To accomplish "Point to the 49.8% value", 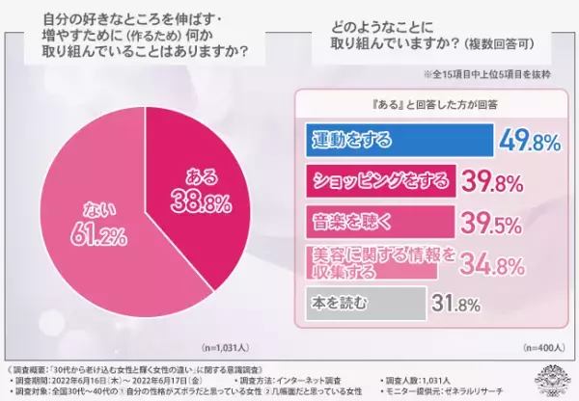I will [530, 142].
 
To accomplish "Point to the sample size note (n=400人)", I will [542, 345].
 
